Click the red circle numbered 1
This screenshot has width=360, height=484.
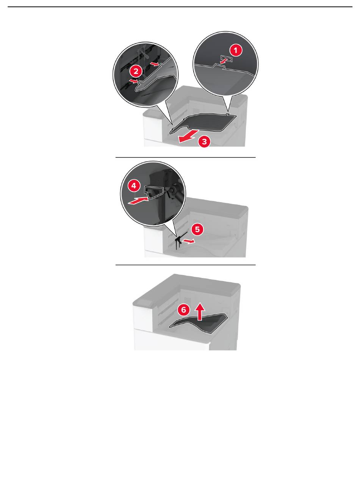(235, 50)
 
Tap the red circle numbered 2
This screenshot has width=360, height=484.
(136, 71)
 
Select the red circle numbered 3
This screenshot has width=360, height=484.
(204, 141)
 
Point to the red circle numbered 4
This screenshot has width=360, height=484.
(134, 186)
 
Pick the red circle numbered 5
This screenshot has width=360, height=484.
(197, 229)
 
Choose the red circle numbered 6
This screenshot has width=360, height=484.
(183, 310)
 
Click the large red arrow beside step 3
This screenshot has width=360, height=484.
(188, 137)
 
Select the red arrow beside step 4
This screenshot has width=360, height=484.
(138, 201)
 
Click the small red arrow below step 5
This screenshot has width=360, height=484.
(189, 241)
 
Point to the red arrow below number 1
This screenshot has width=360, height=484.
(223, 62)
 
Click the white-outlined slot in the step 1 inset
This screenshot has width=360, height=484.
(227, 58)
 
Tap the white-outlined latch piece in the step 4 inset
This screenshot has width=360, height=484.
(154, 192)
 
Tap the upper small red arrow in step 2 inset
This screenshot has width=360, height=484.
(155, 64)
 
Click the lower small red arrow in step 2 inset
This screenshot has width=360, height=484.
(133, 81)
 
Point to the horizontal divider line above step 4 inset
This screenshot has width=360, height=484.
(185, 157)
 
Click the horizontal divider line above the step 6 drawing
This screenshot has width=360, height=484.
(185, 265)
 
